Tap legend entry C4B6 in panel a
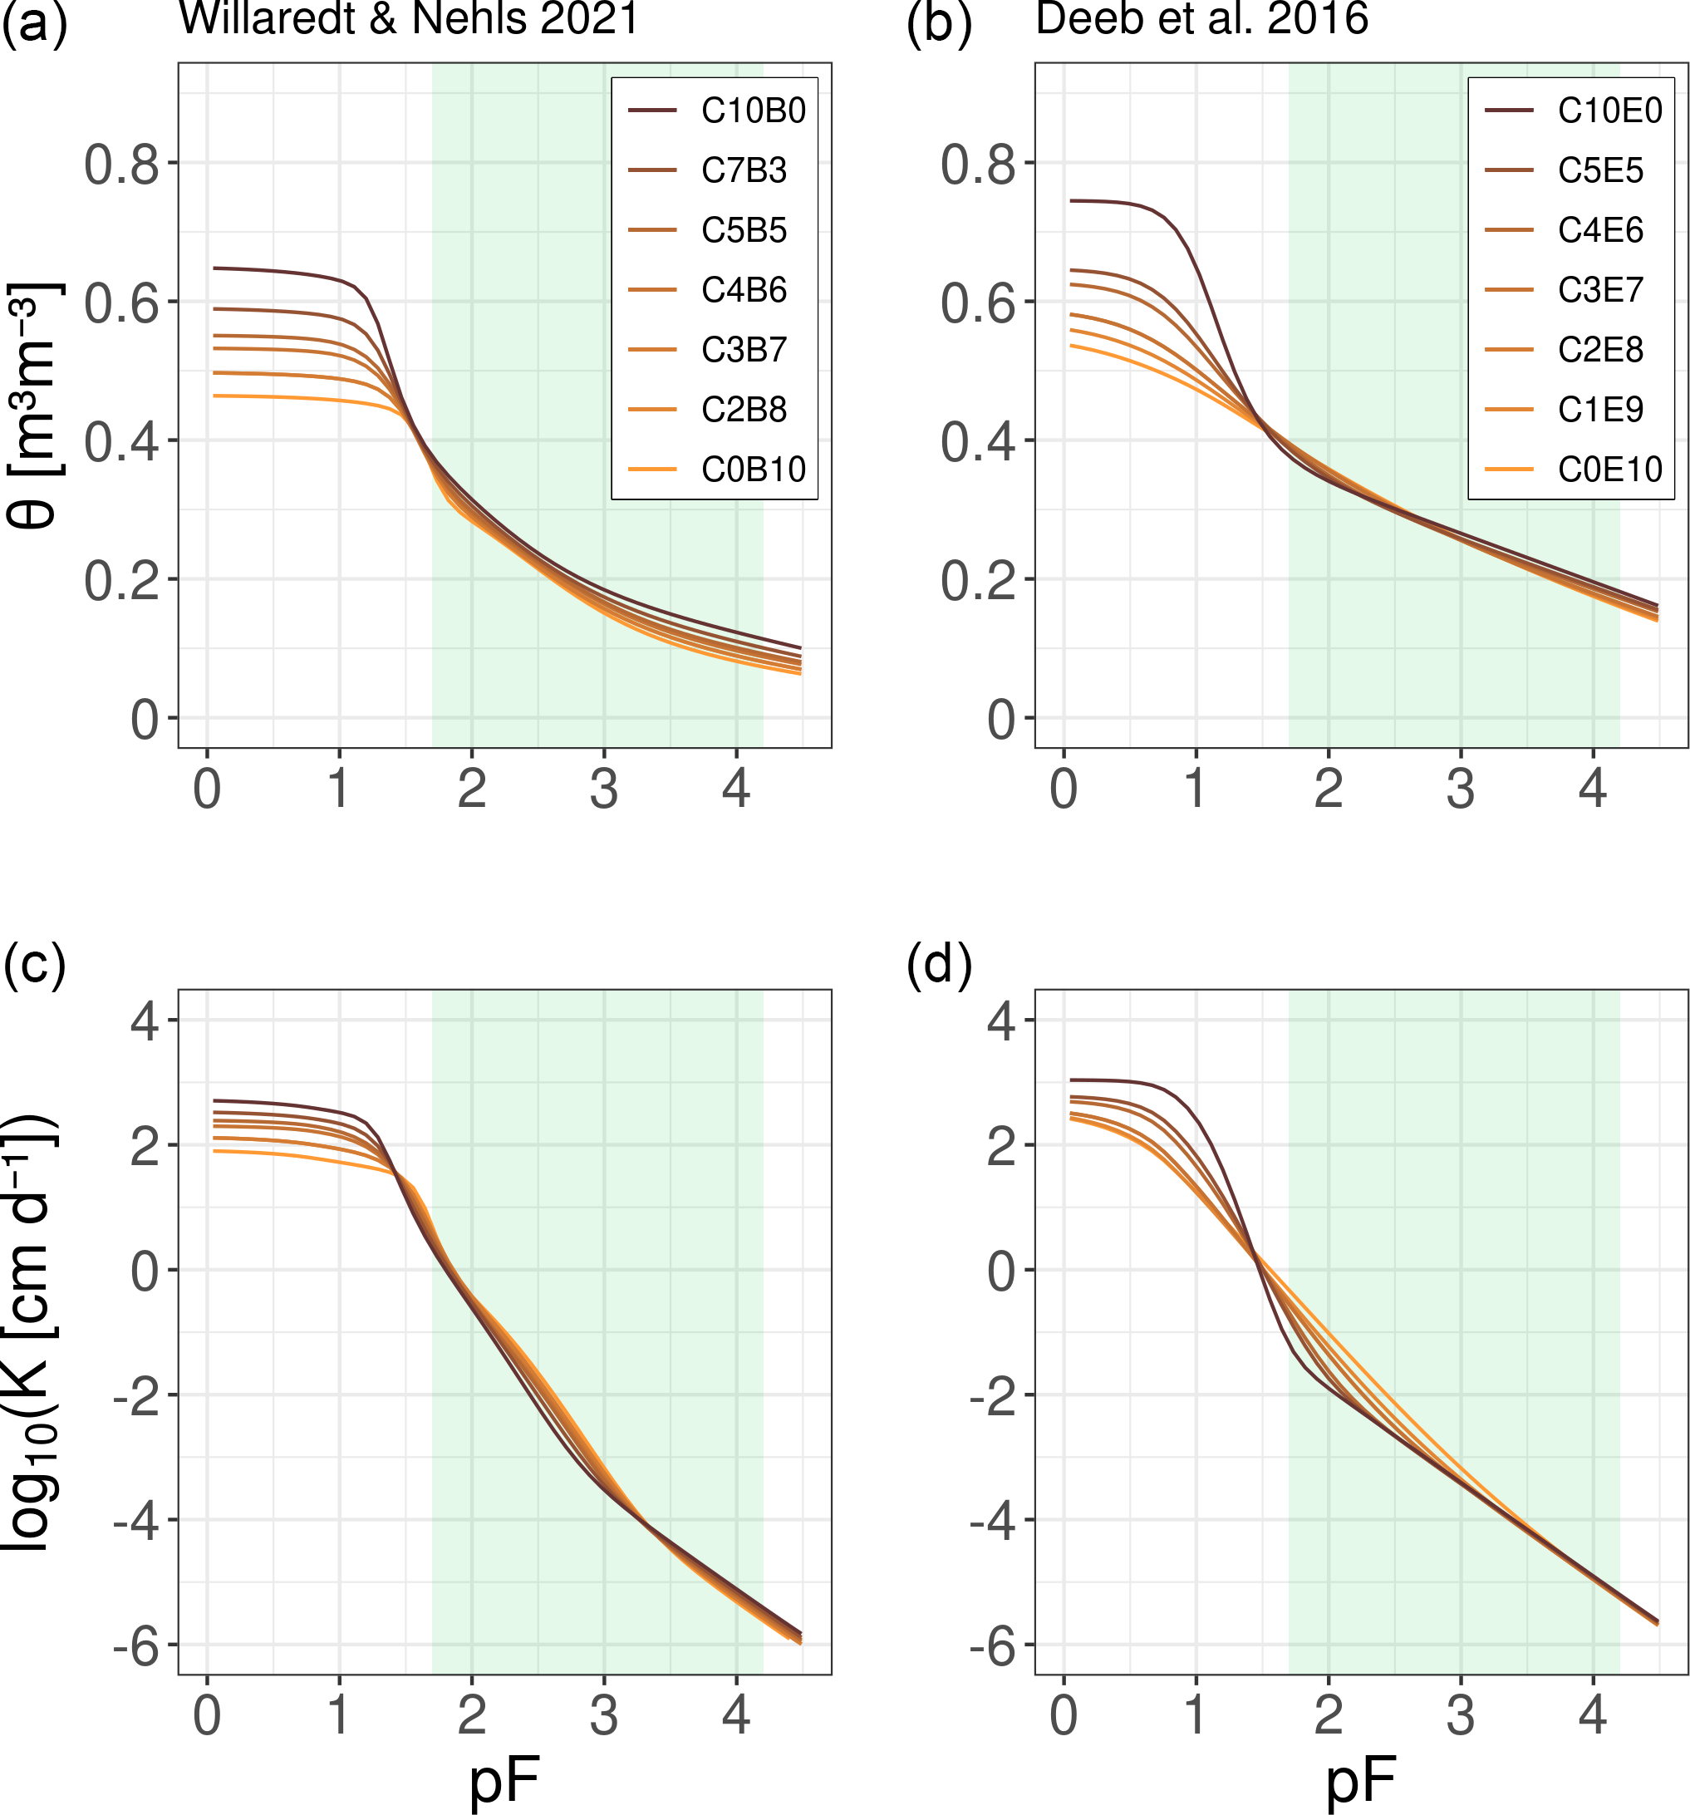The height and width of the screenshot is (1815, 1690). click(743, 290)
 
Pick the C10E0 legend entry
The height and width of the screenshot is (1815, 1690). click(1609, 111)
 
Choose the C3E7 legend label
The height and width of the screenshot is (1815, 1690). click(1599, 290)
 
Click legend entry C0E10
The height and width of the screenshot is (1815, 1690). click(1609, 470)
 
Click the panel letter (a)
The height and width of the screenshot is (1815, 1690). click(34, 24)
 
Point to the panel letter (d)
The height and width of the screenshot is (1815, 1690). click(940, 964)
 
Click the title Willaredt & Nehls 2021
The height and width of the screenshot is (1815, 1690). click(408, 18)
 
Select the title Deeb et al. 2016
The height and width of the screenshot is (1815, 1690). click(1201, 18)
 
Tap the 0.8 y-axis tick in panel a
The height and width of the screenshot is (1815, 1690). click(120, 165)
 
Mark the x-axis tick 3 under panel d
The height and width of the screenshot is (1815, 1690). click(1460, 1715)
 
